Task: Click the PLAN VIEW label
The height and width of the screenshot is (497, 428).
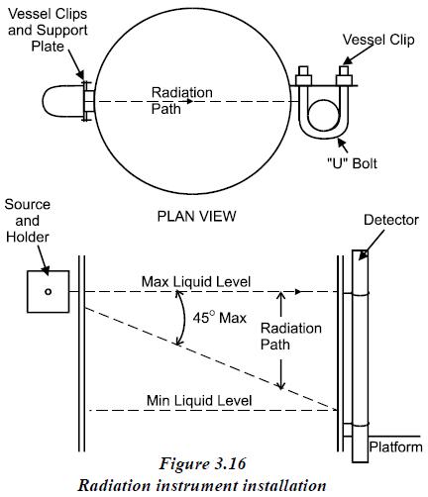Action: (x=196, y=217)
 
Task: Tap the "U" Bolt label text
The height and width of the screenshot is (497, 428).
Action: (x=352, y=163)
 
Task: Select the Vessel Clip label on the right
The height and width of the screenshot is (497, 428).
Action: (x=378, y=40)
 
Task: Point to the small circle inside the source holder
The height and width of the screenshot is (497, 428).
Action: (x=49, y=291)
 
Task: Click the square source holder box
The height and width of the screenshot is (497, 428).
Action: (x=49, y=291)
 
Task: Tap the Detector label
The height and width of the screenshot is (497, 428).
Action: (x=391, y=220)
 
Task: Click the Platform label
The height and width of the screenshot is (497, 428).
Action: (x=395, y=447)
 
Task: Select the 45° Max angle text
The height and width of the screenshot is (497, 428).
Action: (x=220, y=318)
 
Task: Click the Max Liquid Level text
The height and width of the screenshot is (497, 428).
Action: (x=196, y=282)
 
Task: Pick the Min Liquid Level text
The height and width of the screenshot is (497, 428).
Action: (x=199, y=401)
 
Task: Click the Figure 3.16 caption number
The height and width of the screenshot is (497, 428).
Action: (x=202, y=463)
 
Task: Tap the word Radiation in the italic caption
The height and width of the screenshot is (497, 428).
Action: (x=114, y=485)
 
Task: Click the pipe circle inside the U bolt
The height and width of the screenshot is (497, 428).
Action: (x=323, y=115)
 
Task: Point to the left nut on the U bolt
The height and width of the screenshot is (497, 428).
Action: (x=303, y=76)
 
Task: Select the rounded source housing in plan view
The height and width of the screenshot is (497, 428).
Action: (x=62, y=101)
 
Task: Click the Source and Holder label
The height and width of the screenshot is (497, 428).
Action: (x=28, y=221)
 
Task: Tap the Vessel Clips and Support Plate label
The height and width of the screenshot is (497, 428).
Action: (x=48, y=30)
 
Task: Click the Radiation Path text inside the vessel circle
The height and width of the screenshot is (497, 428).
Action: (x=181, y=101)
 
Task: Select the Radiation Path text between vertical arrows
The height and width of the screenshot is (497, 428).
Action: (x=291, y=337)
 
